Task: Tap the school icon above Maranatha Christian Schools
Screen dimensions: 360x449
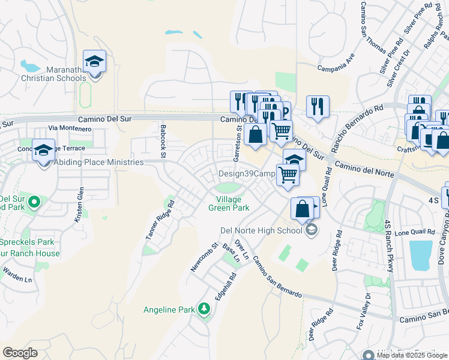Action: click(94, 61)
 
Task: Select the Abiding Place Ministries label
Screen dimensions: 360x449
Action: click(98, 162)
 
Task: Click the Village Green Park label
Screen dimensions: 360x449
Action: click(229, 203)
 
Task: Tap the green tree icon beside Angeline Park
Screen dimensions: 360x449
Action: click(205, 309)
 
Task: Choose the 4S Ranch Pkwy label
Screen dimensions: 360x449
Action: click(388, 245)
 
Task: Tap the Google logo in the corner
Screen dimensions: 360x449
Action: click(20, 353)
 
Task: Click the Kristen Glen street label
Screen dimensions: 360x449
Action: click(79, 205)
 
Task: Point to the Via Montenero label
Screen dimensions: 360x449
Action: click(70, 128)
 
